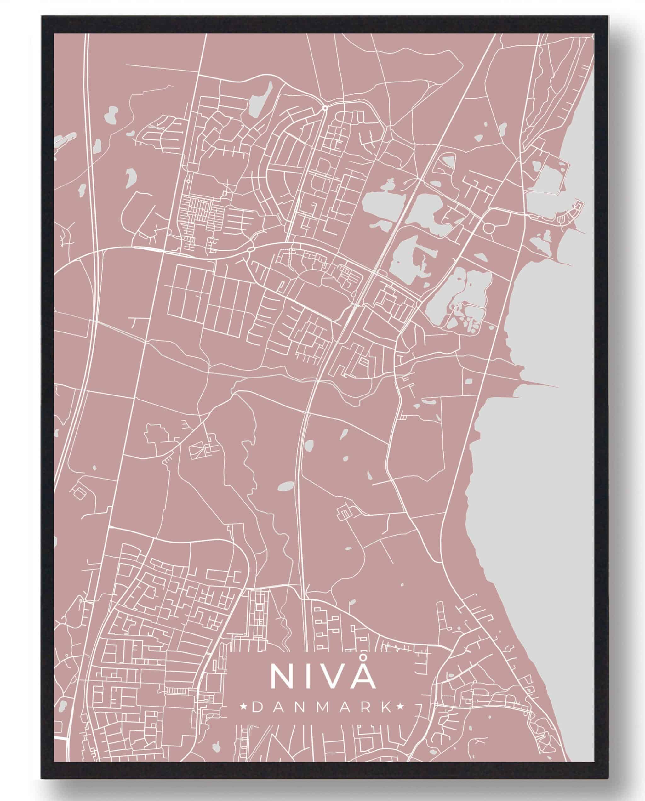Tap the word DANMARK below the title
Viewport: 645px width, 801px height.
point(322,718)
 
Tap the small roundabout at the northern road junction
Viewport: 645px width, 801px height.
point(325,107)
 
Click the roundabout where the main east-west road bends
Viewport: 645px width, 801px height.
point(250,252)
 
